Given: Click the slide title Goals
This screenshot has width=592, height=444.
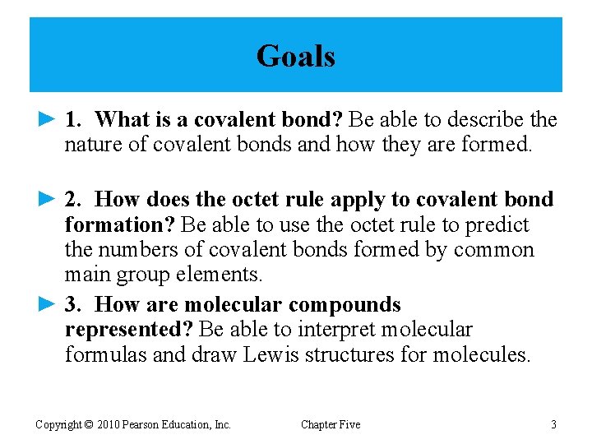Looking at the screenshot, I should click(295, 57).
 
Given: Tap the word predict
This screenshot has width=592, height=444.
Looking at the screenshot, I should click(499, 225).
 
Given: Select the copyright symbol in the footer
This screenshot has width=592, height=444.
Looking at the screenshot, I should click(88, 424).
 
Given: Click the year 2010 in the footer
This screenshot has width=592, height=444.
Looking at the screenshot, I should click(109, 424).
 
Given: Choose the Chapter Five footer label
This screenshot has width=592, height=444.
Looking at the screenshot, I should click(330, 424).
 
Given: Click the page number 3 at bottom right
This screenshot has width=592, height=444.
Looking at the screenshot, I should click(553, 424).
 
